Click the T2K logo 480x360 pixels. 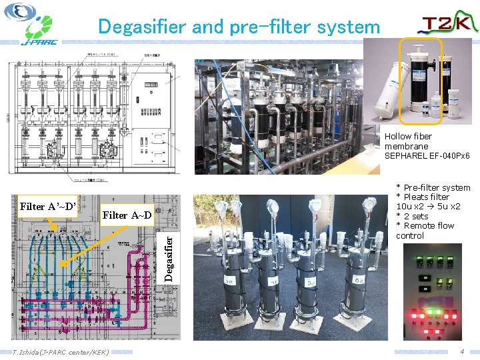447,25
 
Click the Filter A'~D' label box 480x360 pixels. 49,207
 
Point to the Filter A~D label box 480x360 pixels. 127,215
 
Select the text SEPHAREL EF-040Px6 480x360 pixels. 427,156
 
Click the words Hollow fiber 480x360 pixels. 408,137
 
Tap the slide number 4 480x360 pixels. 462,351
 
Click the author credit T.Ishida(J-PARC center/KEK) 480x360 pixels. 61,351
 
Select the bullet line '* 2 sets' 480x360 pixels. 412,216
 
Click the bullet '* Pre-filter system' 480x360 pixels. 433,188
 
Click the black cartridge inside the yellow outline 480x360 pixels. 421,79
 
